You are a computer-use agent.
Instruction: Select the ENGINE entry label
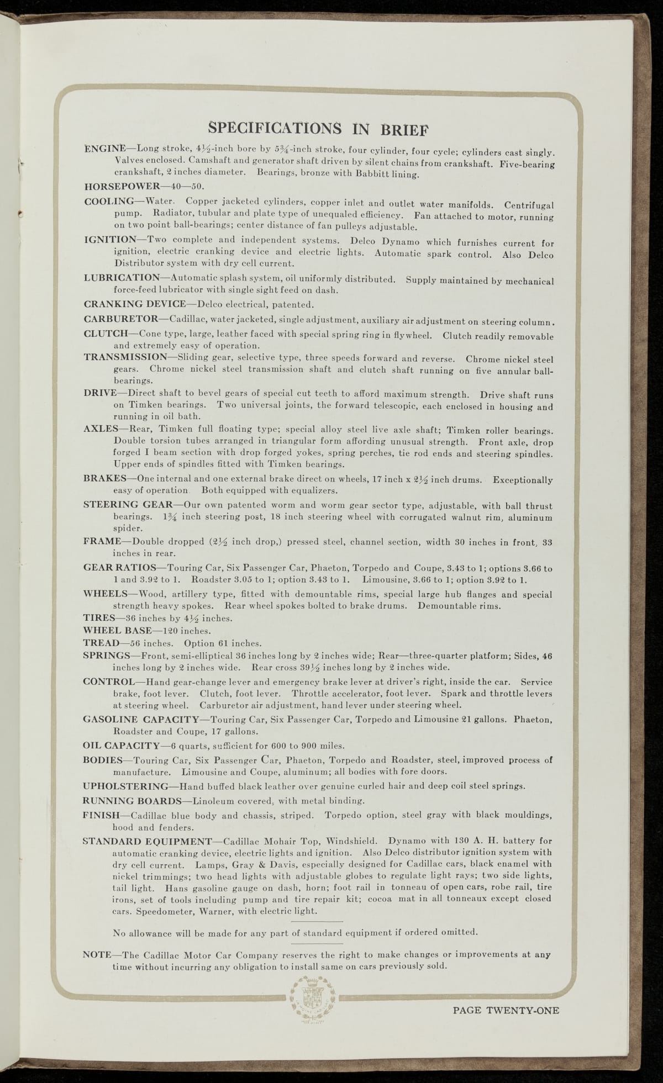click(104, 149)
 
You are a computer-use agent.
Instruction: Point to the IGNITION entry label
click(110, 240)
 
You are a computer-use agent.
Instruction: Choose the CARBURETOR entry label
click(120, 319)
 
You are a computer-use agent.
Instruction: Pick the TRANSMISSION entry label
click(124, 357)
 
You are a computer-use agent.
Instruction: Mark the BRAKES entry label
click(104, 479)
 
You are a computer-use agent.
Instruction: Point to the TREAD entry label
click(101, 643)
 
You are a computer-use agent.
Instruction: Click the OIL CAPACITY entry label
click(117, 744)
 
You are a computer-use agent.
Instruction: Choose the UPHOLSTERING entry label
click(125, 786)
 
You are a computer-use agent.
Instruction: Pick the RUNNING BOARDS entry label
click(131, 800)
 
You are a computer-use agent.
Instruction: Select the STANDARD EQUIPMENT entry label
click(146, 841)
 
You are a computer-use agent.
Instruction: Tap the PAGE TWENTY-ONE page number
click(506, 1011)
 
